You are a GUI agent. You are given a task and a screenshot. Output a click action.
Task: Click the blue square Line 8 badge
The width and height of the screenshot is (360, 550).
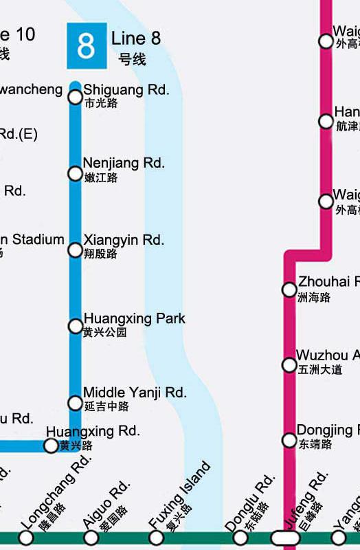87,46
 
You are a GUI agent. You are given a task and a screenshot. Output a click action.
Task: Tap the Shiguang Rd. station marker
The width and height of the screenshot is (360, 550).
76,97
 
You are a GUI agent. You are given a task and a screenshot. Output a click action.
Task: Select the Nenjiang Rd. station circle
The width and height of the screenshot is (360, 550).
76,173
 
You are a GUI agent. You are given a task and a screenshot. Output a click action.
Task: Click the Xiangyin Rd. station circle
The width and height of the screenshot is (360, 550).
76,250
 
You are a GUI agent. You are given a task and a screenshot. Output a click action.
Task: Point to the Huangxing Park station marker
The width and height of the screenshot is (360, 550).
76,326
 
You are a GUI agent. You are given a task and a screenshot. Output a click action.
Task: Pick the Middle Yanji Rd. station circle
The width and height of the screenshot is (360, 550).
76,402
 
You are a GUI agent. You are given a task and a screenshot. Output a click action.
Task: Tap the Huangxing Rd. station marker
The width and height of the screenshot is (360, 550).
51,445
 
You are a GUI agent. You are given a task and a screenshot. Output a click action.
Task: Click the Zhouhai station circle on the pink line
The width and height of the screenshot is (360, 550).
289,289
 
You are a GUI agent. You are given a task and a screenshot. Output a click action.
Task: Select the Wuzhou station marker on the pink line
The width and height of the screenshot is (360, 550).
289,364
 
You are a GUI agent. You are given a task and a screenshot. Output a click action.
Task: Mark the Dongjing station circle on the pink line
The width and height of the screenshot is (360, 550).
289,440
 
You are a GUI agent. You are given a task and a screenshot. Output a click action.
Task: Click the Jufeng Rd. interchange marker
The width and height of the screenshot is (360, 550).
285,537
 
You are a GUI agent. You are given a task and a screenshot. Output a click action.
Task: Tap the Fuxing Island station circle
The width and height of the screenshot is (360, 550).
157,537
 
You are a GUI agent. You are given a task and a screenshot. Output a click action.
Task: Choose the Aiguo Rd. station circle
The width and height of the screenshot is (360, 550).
91,537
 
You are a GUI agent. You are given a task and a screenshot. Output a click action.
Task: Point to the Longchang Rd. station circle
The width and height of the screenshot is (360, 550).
27,537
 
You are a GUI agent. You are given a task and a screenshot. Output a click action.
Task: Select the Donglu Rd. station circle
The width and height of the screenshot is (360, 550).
239,537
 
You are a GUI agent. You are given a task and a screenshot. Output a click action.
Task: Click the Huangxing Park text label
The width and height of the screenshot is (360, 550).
134,319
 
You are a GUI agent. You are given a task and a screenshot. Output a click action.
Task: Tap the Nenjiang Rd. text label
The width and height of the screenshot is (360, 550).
124,163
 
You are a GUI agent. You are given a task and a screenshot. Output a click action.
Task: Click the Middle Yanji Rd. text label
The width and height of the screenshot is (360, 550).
135,393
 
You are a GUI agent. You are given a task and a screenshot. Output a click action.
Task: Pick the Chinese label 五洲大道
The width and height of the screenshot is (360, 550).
319,370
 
